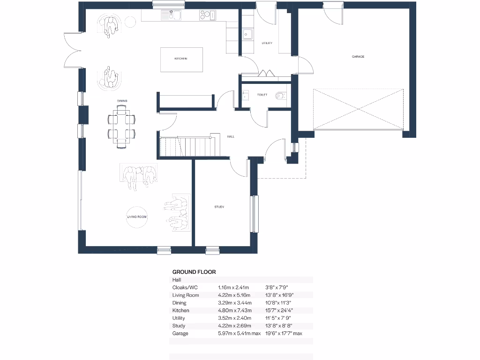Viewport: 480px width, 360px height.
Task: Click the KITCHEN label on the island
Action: (x=181, y=59)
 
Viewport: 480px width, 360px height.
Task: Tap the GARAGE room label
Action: (x=358, y=56)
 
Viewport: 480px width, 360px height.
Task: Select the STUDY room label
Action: (x=219, y=207)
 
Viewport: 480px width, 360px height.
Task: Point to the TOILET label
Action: (x=262, y=95)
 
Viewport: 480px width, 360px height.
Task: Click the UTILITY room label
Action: (x=267, y=43)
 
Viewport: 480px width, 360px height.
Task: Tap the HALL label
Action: (x=231, y=137)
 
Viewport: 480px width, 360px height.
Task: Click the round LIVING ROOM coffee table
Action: (x=137, y=217)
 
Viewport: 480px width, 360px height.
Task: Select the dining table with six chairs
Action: (x=122, y=126)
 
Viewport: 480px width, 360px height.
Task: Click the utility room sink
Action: (x=247, y=34)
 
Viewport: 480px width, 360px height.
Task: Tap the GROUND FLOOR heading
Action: (x=194, y=271)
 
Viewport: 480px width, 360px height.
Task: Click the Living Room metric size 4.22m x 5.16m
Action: (x=234, y=295)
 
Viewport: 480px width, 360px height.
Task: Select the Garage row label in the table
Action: (x=180, y=333)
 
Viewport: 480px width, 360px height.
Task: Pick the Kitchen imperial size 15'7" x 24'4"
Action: (x=279, y=310)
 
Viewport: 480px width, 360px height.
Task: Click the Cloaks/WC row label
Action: (x=186, y=287)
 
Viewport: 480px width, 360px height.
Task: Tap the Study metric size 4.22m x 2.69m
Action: (x=234, y=326)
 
